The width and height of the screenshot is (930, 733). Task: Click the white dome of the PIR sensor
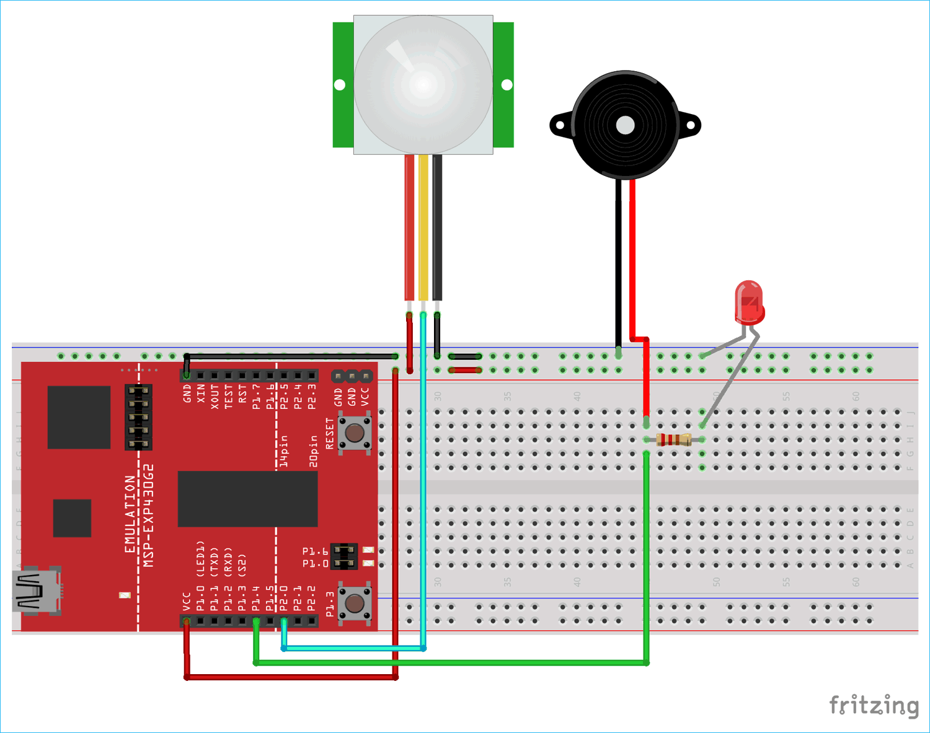[423, 85]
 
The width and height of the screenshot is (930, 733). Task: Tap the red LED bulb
[749, 302]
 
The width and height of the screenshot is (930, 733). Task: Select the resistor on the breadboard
[673, 440]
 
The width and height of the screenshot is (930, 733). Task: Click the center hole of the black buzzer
[625, 125]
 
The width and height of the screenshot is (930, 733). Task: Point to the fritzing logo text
[874, 705]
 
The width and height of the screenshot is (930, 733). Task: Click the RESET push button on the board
[355, 432]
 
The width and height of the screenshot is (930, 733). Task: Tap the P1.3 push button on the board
[355, 602]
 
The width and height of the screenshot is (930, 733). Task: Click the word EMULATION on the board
[130, 514]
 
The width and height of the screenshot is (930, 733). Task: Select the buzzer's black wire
[618, 260]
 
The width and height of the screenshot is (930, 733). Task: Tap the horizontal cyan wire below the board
[353, 648]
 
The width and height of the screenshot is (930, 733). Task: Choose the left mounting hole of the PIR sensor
[340, 85]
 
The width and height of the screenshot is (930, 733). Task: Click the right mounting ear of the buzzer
[690, 125]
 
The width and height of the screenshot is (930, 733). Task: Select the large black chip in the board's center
[247, 499]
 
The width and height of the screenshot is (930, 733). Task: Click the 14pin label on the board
[284, 450]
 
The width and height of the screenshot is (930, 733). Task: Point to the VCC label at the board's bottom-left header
[187, 602]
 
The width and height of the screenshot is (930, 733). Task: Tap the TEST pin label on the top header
[228, 395]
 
